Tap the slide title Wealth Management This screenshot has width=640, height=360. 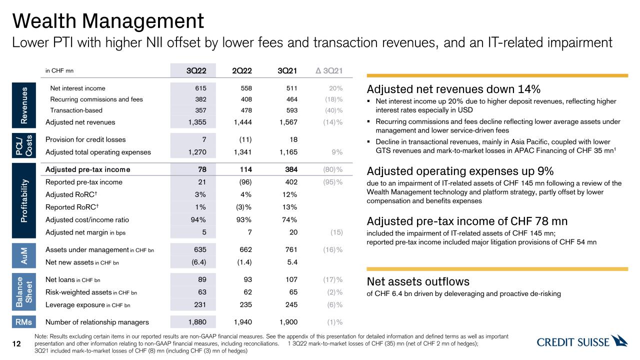click(108, 21)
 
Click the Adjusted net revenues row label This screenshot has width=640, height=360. click(80, 122)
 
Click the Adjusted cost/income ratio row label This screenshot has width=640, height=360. click(87, 219)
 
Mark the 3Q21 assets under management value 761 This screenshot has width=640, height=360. click(290, 249)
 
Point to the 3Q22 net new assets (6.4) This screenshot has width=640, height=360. click(197, 262)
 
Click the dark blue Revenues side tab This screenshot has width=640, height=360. click(24, 104)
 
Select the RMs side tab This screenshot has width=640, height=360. click(24, 322)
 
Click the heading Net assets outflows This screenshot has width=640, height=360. click(418, 281)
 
